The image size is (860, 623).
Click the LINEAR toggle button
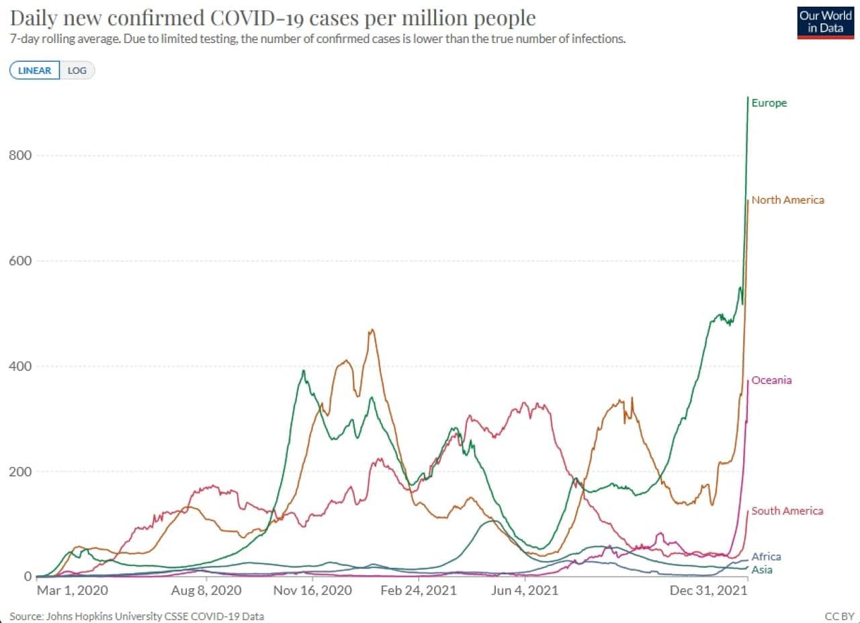coord(34,71)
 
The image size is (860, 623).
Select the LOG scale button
coord(77,71)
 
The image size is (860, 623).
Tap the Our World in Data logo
coord(826,22)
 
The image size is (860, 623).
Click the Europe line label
coord(769,103)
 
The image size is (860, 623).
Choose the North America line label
coord(787,200)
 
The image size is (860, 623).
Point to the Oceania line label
coord(771,380)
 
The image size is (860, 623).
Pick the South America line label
coord(787,511)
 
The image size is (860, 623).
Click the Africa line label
coord(766,556)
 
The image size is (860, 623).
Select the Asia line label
coord(762,570)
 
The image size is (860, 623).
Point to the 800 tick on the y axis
coord(21,155)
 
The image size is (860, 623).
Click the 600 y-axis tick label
coord(21,261)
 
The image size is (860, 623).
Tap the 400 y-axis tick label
coord(21,366)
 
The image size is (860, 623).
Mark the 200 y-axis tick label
coord(21,471)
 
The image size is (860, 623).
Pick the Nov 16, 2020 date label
coord(312,590)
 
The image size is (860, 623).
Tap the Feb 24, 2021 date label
coord(419,590)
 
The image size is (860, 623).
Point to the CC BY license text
coord(838,616)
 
